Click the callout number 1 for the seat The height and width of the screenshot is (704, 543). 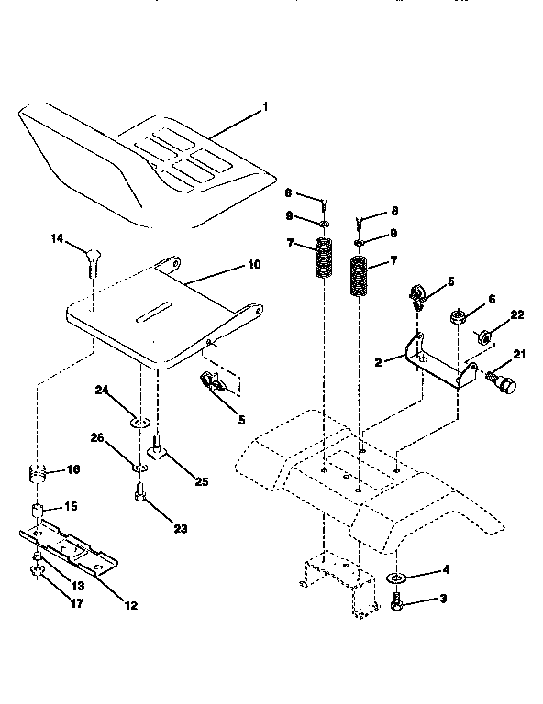[265, 107]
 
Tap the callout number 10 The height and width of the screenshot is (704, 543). [253, 265]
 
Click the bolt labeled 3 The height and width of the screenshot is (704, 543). [397, 603]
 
